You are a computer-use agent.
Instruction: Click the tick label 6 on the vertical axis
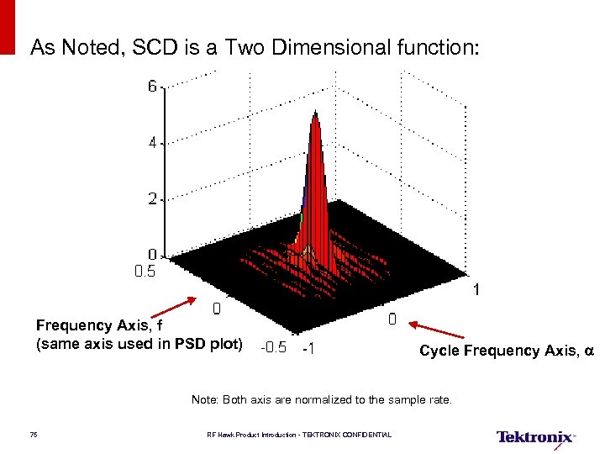[x=152, y=87]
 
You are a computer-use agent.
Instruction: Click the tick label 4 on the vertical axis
[x=152, y=143]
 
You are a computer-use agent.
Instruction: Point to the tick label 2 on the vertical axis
[x=152, y=199]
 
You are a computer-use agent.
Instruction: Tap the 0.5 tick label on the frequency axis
[x=145, y=272]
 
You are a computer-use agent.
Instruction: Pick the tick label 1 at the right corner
[x=476, y=291]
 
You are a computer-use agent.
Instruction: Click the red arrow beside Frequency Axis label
[x=174, y=309]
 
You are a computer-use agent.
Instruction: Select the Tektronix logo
[x=535, y=436]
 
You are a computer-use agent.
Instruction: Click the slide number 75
[x=33, y=435]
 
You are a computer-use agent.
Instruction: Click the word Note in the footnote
[x=204, y=400]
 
